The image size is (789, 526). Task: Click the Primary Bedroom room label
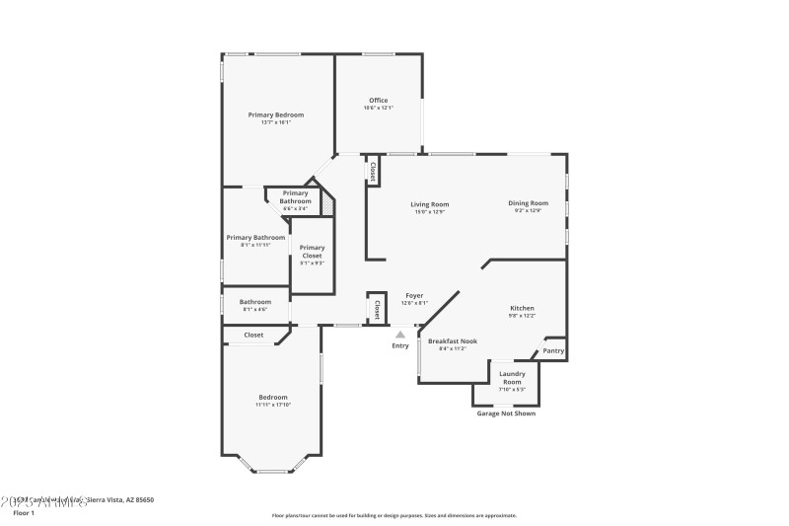click(x=275, y=114)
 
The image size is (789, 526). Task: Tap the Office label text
click(x=378, y=100)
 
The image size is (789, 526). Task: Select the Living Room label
click(x=430, y=203)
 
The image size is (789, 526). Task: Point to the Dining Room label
click(x=529, y=203)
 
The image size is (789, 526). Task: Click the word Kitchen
click(x=522, y=308)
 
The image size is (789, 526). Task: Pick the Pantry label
click(x=553, y=350)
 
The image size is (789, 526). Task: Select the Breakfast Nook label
click(x=453, y=340)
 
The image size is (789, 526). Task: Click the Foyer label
click(x=414, y=295)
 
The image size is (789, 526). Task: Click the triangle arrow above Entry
click(x=400, y=335)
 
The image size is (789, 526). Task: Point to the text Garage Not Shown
click(x=506, y=413)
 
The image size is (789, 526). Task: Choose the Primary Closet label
click(x=312, y=252)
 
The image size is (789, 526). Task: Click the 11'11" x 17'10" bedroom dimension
click(x=273, y=405)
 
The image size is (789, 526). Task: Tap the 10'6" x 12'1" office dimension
click(x=378, y=108)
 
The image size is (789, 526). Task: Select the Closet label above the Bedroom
click(x=253, y=335)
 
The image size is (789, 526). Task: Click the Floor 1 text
click(x=23, y=513)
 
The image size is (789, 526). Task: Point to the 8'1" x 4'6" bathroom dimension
click(x=255, y=310)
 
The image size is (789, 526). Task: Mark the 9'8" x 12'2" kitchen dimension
click(x=522, y=316)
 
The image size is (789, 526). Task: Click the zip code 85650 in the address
click(x=143, y=500)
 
